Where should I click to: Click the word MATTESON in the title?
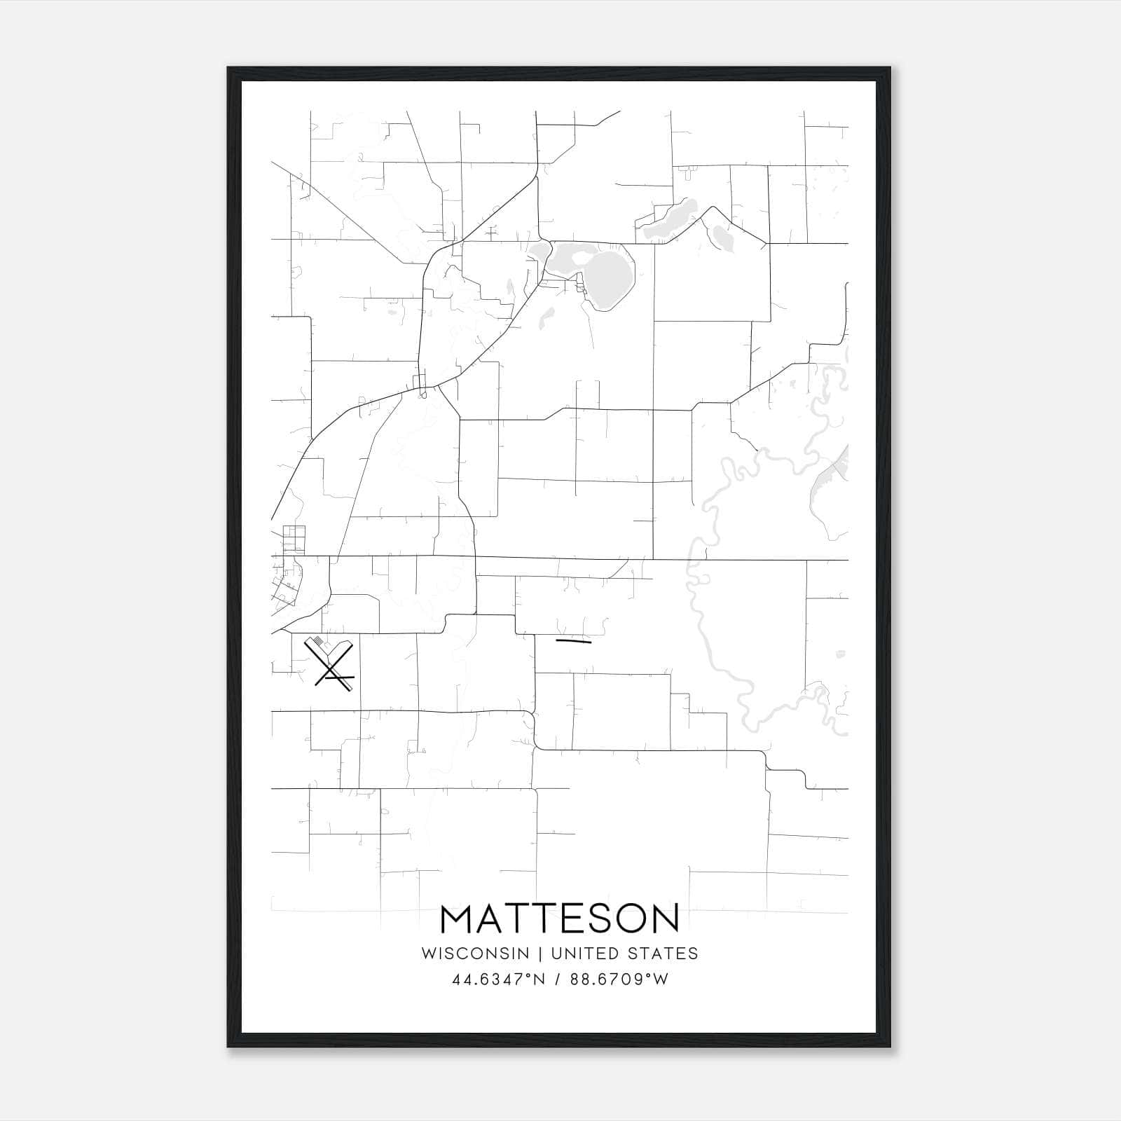pyautogui.click(x=560, y=919)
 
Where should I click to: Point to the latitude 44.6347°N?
pyautogui.click(x=499, y=979)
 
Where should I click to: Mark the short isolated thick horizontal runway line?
pyautogui.click(x=573, y=640)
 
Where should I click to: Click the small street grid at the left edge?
pyautogui.click(x=294, y=540)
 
